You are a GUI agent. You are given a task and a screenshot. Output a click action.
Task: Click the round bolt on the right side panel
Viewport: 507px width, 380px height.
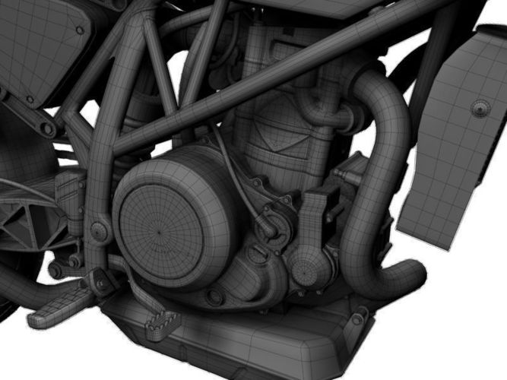click(479, 106)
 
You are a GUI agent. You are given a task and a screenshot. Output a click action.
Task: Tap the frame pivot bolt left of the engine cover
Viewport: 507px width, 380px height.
click(97, 228)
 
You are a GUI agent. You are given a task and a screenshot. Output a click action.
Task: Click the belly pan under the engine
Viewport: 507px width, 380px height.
click(251, 342)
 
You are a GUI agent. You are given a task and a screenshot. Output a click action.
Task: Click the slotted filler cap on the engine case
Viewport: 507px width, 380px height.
click(268, 226)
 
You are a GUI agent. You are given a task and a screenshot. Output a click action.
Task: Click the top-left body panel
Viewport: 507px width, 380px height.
click(38, 46)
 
